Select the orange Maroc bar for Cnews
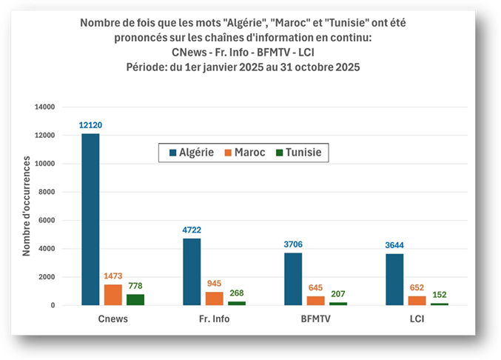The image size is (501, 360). click(x=113, y=295)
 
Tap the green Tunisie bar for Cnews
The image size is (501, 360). click(x=136, y=299)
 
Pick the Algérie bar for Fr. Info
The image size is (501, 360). click(x=192, y=271)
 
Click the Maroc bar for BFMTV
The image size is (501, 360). click(x=316, y=301)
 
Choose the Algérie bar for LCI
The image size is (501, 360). click(x=394, y=279)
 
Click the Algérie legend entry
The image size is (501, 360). click(x=192, y=152)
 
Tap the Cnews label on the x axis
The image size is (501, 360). click(x=112, y=319)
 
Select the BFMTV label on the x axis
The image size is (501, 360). click(x=316, y=319)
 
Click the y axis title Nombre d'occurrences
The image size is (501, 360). click(x=26, y=206)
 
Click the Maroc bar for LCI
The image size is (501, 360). click(x=417, y=301)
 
